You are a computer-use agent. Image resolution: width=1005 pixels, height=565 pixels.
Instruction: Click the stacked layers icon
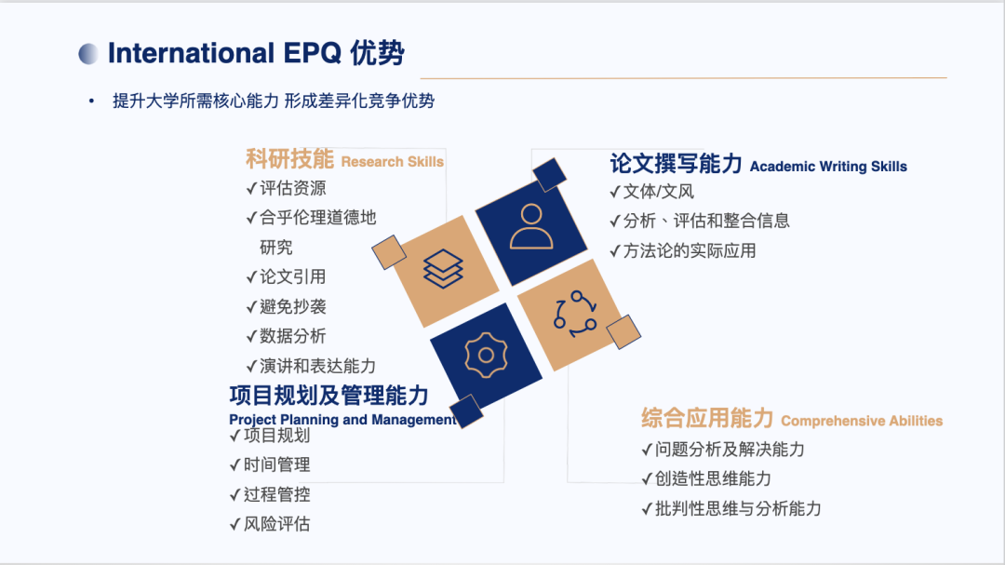click(x=443, y=269)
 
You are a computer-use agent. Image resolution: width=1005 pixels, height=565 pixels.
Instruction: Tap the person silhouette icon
click(x=531, y=226)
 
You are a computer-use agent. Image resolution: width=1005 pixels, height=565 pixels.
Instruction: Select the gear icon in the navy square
click(x=486, y=356)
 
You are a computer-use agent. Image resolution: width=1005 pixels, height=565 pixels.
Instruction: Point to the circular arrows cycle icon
click(x=575, y=315)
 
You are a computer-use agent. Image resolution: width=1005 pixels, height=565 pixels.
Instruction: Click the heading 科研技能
click(x=289, y=158)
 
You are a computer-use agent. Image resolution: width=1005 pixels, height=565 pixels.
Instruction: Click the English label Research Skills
click(x=393, y=162)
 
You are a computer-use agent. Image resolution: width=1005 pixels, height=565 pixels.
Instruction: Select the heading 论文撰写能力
click(x=677, y=164)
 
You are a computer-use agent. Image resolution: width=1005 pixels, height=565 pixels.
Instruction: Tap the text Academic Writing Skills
click(x=829, y=167)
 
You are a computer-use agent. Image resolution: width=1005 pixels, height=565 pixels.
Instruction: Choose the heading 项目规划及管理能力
click(x=328, y=396)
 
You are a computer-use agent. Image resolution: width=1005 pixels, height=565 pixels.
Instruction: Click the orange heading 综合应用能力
click(x=707, y=418)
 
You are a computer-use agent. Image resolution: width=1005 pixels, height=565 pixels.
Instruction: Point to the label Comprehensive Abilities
click(x=862, y=422)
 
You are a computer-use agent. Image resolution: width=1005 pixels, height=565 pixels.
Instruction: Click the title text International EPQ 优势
click(x=256, y=53)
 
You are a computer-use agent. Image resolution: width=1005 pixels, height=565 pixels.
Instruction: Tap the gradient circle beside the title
click(x=89, y=54)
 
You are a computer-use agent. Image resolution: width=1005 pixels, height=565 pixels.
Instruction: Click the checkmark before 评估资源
click(x=252, y=189)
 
